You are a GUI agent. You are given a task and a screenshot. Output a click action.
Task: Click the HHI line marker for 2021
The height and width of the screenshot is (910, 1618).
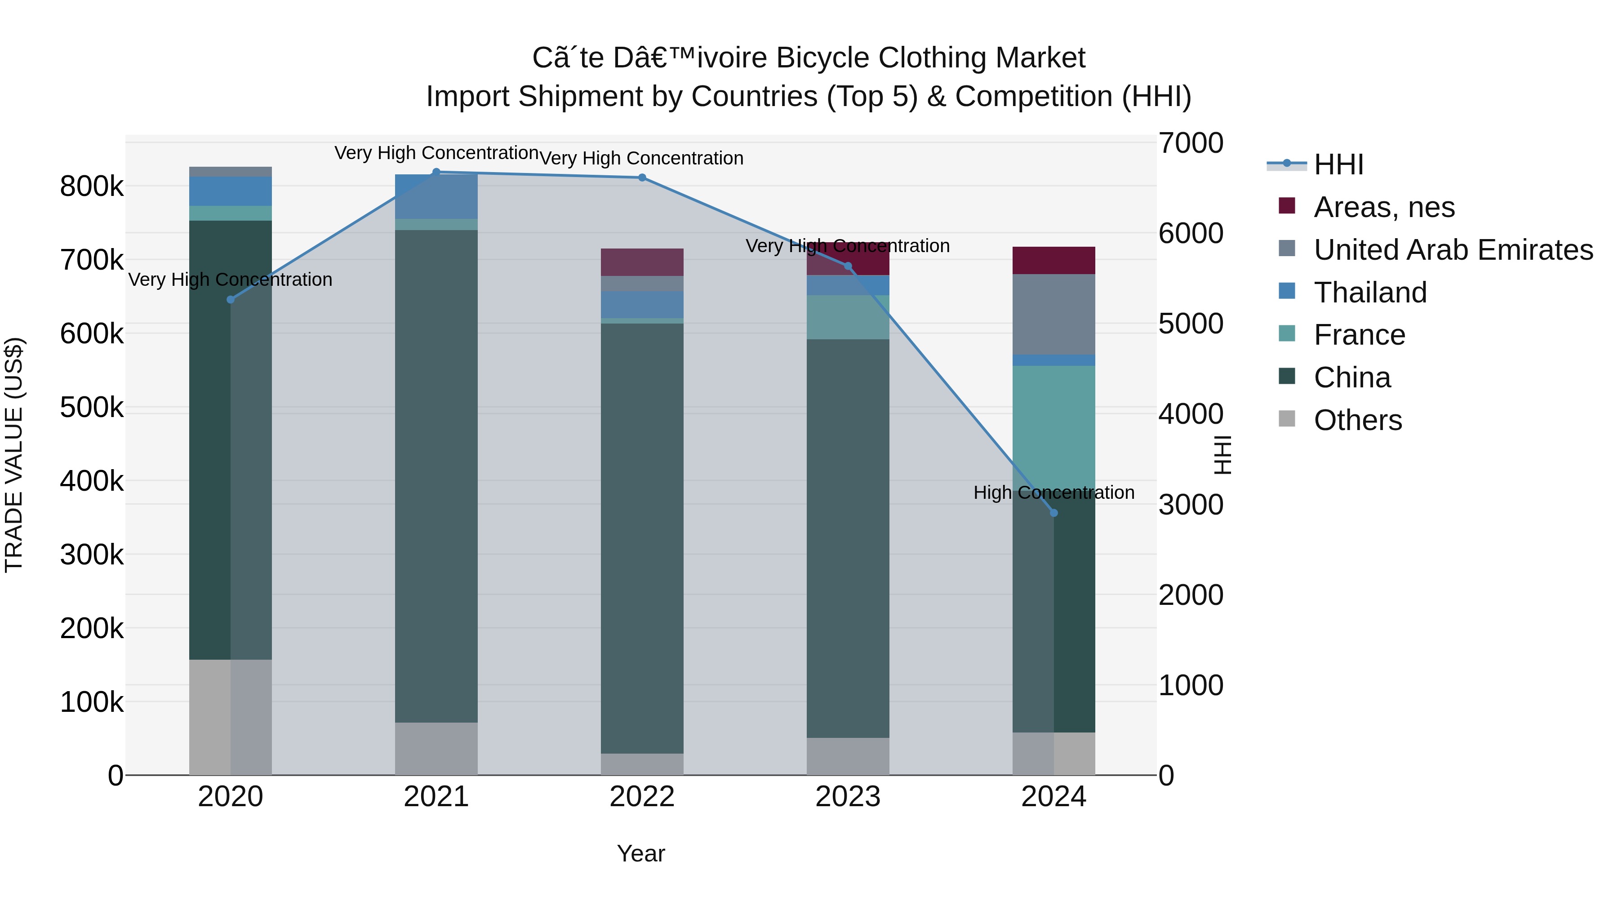[436, 172]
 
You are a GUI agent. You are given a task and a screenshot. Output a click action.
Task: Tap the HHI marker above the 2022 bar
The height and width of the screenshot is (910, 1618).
[642, 178]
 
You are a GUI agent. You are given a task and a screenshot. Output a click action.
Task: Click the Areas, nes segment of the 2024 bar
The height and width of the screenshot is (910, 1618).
[1054, 261]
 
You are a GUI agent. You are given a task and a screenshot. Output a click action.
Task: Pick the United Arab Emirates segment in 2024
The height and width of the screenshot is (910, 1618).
[1054, 314]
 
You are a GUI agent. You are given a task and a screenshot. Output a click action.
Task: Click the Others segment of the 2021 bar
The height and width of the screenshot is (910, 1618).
[436, 749]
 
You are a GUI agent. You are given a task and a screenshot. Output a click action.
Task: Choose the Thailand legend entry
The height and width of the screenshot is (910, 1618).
[1369, 293]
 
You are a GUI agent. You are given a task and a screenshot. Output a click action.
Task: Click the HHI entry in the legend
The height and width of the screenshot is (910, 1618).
[1338, 164]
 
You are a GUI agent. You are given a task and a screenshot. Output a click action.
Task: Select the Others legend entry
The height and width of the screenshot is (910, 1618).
[1357, 420]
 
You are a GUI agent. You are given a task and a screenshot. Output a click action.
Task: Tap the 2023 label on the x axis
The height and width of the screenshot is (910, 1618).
[848, 797]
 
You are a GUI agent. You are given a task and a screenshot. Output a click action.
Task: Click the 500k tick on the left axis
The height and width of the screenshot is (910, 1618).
[92, 408]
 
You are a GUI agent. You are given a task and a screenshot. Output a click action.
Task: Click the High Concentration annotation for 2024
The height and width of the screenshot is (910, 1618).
[1054, 493]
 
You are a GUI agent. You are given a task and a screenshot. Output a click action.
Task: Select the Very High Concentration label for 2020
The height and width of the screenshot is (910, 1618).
[231, 280]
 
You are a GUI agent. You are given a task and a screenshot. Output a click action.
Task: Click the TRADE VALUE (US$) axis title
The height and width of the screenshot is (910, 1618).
[14, 455]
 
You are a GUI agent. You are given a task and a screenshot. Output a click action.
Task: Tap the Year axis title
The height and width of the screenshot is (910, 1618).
[640, 853]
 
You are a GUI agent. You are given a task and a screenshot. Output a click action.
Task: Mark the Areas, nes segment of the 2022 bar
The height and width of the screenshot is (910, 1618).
[642, 262]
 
